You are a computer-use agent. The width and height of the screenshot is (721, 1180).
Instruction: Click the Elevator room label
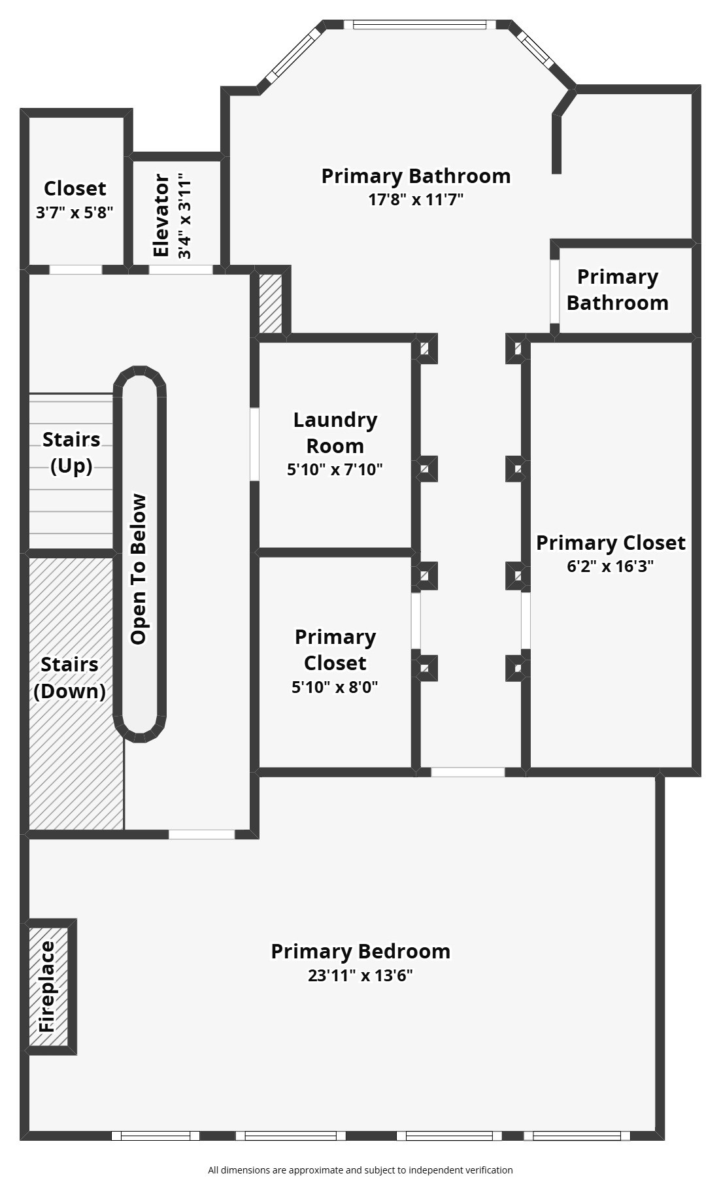[x=161, y=215]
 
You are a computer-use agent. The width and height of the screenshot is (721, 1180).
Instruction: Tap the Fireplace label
[x=48, y=986]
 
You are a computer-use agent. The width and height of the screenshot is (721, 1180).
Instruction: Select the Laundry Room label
[x=335, y=432]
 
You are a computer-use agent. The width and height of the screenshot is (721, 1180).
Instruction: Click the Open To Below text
[x=139, y=569]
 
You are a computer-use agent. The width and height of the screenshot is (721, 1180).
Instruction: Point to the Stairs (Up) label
[x=71, y=452]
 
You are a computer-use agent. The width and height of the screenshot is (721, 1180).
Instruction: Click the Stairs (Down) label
[x=69, y=677]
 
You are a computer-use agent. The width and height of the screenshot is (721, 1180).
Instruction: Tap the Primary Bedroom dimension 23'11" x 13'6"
[x=360, y=975]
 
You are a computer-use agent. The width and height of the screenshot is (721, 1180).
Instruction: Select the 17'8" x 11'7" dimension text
[x=416, y=199]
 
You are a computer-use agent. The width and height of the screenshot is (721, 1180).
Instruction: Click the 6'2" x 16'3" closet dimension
[x=610, y=565]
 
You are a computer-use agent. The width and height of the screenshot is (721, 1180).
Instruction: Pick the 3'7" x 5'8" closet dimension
[x=75, y=212]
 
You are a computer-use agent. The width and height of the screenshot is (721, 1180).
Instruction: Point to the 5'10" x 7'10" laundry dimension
[x=335, y=469]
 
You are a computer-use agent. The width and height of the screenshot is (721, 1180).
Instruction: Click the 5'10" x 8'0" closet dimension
[x=335, y=686]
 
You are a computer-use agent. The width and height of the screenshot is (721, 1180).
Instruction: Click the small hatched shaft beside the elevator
[x=271, y=303]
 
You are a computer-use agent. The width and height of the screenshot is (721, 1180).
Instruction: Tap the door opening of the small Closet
[x=76, y=269]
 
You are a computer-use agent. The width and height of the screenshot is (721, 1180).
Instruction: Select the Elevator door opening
[x=180, y=269]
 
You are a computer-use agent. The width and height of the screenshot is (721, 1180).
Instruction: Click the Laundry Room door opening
[x=255, y=444]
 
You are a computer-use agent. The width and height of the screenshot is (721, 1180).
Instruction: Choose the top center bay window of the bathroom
[x=420, y=25]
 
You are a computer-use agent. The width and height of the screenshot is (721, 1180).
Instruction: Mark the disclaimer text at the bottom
[x=360, y=1170]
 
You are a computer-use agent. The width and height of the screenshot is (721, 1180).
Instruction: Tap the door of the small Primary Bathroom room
[x=554, y=292]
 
